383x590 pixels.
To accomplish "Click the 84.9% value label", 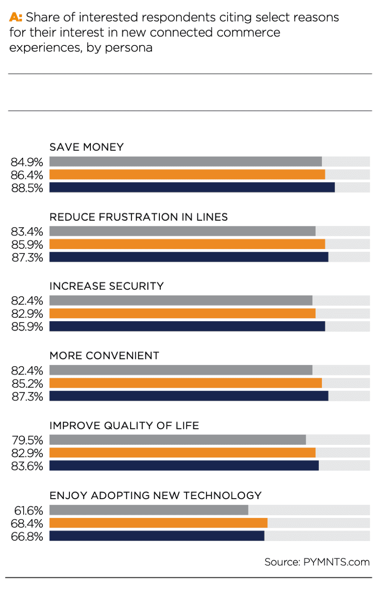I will pyautogui.click(x=27, y=162).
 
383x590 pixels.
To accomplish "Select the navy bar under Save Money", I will pyautogui.click(x=192, y=187).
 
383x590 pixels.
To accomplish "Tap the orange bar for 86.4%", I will pyautogui.click(x=187, y=175).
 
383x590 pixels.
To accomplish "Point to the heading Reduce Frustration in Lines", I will pyautogui.click(x=138, y=217).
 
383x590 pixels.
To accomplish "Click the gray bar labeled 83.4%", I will pyautogui.click(x=183, y=231).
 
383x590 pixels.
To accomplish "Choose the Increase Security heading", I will pyautogui.click(x=107, y=286).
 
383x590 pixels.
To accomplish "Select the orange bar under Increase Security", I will pyautogui.click(x=183, y=313).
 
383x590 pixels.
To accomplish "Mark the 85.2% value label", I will pyautogui.click(x=27, y=383).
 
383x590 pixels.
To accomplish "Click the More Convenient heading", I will pyautogui.click(x=104, y=356).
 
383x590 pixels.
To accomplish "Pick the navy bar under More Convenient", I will pyautogui.click(x=189, y=396).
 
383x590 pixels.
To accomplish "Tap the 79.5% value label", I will pyautogui.click(x=27, y=440).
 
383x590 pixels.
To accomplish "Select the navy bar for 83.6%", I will pyautogui.click(x=184, y=465).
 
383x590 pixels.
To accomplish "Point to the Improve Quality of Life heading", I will pyautogui.click(x=124, y=425).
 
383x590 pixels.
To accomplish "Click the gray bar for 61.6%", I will pyautogui.click(x=149, y=510).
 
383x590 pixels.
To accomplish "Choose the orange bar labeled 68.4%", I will pyautogui.click(x=159, y=523).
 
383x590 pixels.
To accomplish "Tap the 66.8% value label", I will pyautogui.click(x=27, y=536).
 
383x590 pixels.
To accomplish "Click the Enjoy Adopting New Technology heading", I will pyautogui.click(x=155, y=495).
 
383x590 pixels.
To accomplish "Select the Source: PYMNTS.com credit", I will pyautogui.click(x=317, y=562).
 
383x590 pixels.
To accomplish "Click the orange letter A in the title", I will pyautogui.click(x=14, y=18).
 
